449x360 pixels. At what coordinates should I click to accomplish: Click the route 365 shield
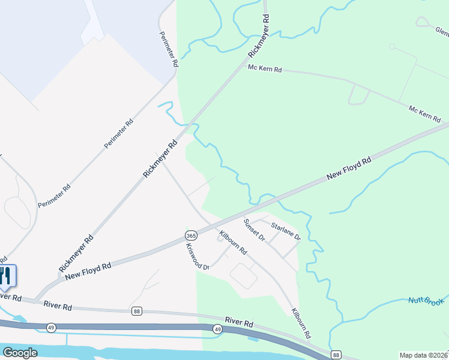tap(191, 235)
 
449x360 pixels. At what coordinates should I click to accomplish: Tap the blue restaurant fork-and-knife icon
tap(5, 276)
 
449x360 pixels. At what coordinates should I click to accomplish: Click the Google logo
tap(20, 353)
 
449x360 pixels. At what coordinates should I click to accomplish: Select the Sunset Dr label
tap(254, 230)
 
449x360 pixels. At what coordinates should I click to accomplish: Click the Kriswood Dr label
tap(197, 256)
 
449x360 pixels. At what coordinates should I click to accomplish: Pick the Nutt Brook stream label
tap(426, 301)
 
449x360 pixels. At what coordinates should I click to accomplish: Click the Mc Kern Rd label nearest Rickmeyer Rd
tap(265, 69)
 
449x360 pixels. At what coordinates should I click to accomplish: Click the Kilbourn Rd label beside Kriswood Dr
tap(233, 243)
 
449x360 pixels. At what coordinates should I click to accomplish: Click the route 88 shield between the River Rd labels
tap(137, 311)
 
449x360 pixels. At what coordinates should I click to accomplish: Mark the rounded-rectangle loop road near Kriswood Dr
tap(243, 275)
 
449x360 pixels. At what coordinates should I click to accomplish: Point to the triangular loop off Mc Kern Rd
tap(358, 95)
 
